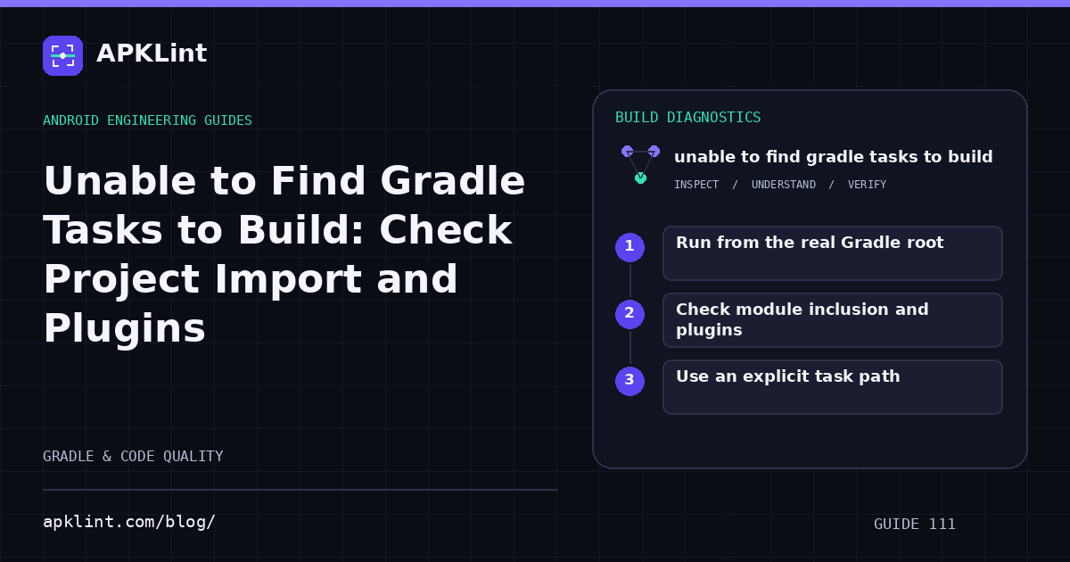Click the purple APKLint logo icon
62,55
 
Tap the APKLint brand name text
152,53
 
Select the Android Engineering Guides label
148,120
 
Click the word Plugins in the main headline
124,328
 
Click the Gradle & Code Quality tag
133,457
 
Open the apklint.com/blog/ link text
129,522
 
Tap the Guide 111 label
914,525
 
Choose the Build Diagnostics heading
687,118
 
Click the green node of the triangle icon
640,178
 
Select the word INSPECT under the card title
696,185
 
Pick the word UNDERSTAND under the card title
784,185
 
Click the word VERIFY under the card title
867,185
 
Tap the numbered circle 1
630,247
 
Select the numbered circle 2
630,314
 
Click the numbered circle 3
630,381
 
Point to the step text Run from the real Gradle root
810,243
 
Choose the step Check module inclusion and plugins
802,319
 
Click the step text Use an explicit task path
787,376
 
